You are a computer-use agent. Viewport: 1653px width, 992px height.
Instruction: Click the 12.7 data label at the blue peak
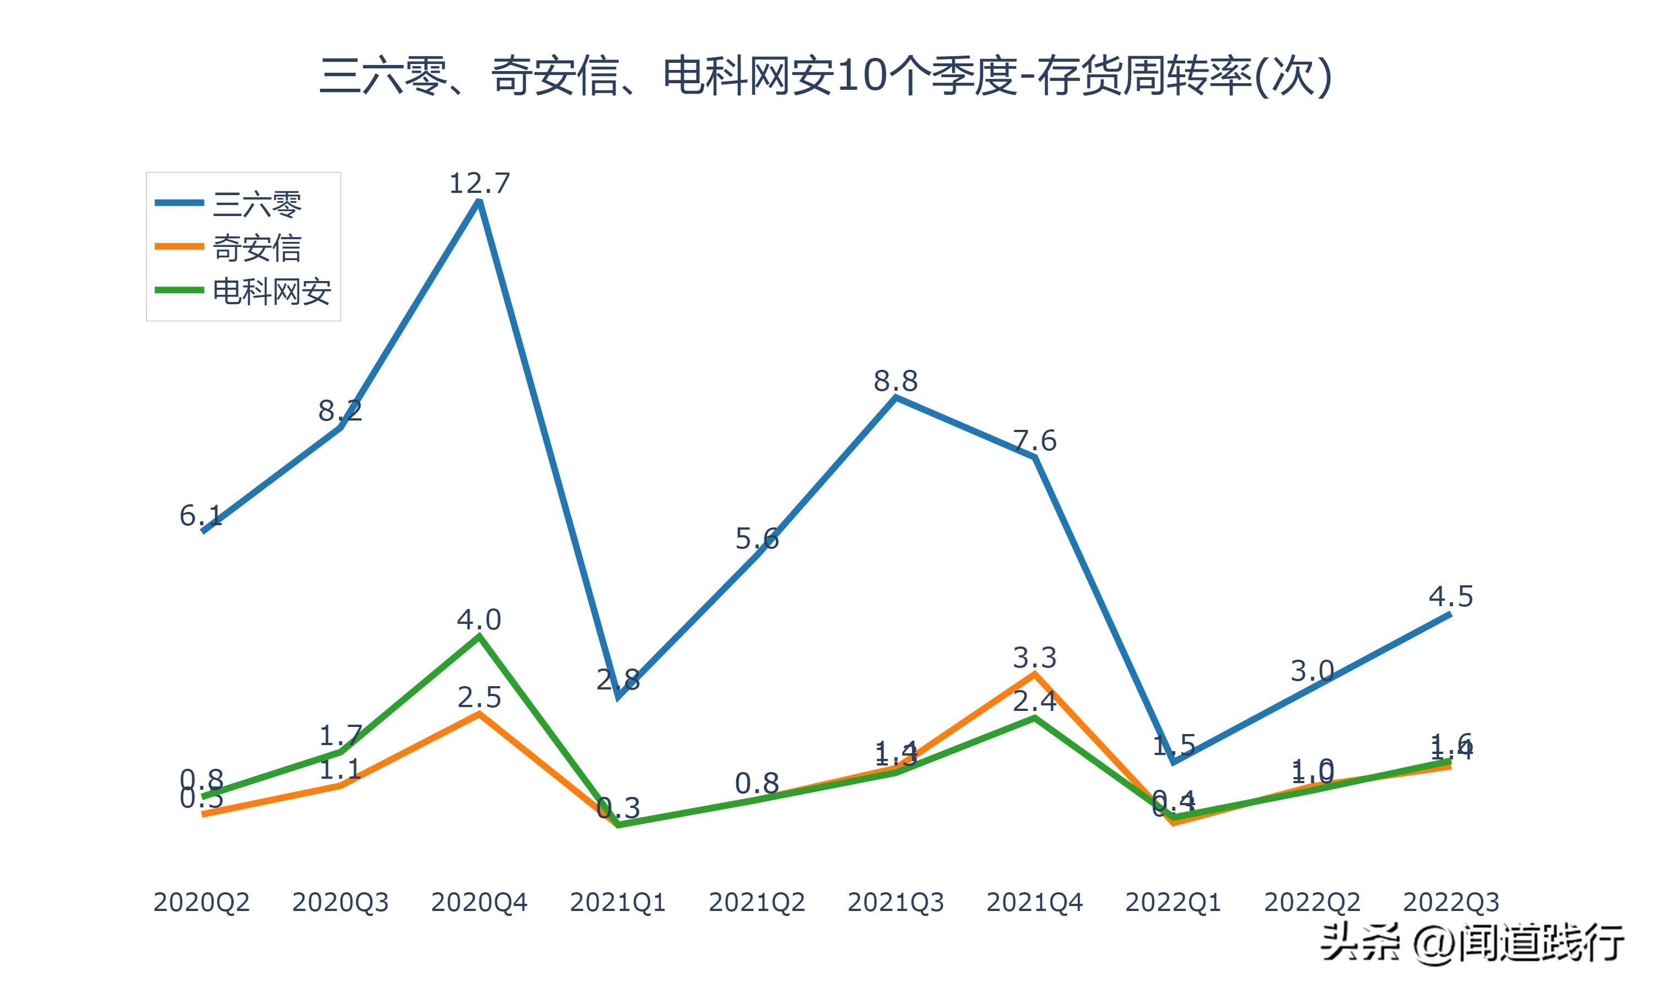click(x=479, y=183)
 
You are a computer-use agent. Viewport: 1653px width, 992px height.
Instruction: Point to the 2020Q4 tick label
click(x=479, y=902)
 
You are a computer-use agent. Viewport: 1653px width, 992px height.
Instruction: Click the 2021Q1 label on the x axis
click(x=618, y=902)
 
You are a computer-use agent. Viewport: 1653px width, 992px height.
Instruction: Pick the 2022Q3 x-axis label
click(x=1451, y=902)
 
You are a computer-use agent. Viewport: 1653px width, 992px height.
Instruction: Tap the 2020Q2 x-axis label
click(x=201, y=902)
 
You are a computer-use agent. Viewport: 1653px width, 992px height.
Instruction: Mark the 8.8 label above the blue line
click(x=895, y=381)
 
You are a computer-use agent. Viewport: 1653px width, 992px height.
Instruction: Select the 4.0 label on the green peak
click(x=479, y=619)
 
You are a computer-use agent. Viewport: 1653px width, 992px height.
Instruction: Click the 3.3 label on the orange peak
click(x=1034, y=658)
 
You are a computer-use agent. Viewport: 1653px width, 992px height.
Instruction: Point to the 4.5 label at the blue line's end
click(x=1451, y=596)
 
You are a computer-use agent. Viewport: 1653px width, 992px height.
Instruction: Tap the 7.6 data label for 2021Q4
click(x=1034, y=440)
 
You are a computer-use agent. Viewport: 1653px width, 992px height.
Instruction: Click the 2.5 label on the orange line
click(x=479, y=697)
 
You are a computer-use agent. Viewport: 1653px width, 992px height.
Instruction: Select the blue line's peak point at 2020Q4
click(x=479, y=201)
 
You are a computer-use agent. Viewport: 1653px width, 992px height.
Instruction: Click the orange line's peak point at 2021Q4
click(x=1034, y=674)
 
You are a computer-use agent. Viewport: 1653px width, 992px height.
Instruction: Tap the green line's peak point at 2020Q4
click(x=479, y=636)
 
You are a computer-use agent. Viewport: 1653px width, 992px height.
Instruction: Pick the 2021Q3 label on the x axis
click(x=895, y=902)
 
